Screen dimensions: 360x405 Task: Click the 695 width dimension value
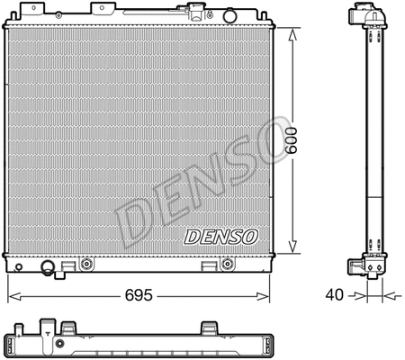click(x=139, y=294)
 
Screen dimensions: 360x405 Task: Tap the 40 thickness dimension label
click(x=335, y=294)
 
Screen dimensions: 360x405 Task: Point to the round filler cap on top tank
click(x=192, y=13)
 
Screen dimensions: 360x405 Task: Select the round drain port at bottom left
click(x=48, y=266)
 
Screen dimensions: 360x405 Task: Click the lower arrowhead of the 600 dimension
click(x=292, y=251)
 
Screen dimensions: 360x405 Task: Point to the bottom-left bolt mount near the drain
click(x=86, y=265)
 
